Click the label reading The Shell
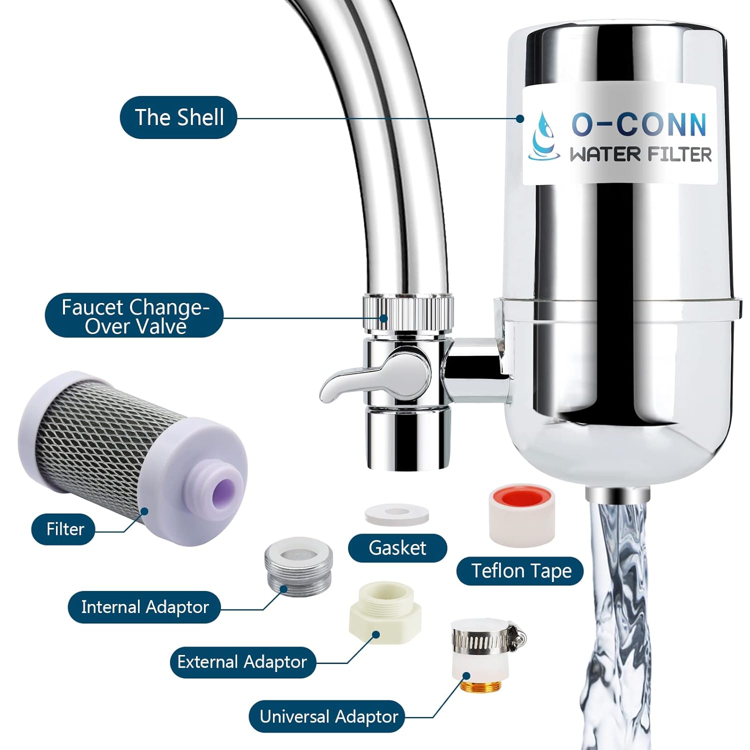(178, 117)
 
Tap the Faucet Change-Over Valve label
(134, 316)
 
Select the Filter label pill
(64, 529)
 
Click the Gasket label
(397, 548)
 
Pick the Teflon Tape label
(520, 571)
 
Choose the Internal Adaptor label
(144, 607)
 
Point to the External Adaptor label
(242, 662)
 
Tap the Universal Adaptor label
(328, 717)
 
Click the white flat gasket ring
(396, 514)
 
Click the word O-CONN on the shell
(638, 124)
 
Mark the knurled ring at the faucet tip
(408, 313)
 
